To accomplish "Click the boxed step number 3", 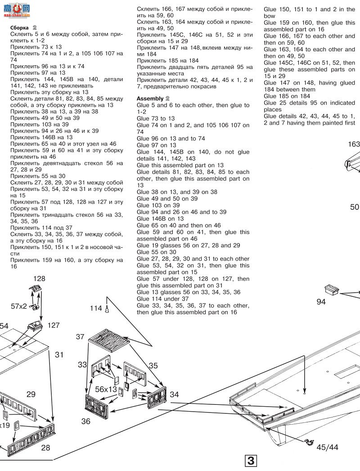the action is (251, 461).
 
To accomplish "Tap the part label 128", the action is (39, 279).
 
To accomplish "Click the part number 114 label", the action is (95, 308).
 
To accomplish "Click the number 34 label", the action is (174, 394).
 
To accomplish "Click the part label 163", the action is (354, 144).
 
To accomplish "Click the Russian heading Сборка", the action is (20, 28).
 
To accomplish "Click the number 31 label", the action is (59, 355).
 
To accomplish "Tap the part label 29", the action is (31, 394).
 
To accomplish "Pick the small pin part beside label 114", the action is (108, 309).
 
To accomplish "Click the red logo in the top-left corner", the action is (15, 9).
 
